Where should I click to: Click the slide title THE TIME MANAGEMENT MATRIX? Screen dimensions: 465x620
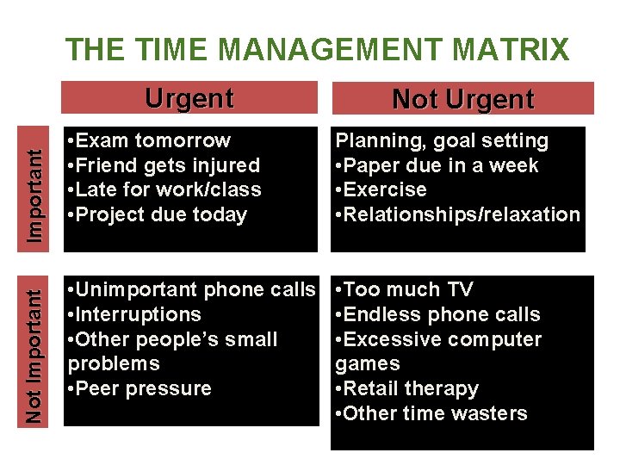(317, 49)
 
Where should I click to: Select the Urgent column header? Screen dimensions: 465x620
(189, 98)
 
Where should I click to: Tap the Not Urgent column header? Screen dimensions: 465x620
(462, 99)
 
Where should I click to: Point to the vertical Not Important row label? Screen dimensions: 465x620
(34, 355)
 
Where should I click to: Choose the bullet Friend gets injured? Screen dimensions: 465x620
(164, 164)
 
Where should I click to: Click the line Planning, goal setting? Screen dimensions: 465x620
(442, 140)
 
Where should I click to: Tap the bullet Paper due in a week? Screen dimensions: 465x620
(437, 165)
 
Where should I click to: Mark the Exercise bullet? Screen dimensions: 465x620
(381, 189)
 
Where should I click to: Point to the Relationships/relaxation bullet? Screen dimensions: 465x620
(457, 214)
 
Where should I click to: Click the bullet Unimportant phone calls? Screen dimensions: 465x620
(191, 289)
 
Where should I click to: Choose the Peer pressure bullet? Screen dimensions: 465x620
(139, 388)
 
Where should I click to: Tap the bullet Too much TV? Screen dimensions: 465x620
(404, 289)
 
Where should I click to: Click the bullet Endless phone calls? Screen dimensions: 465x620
(437, 314)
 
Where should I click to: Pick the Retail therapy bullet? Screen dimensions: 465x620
(406, 388)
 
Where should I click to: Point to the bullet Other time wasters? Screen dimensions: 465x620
(431, 413)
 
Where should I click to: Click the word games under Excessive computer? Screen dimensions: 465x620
(368, 364)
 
